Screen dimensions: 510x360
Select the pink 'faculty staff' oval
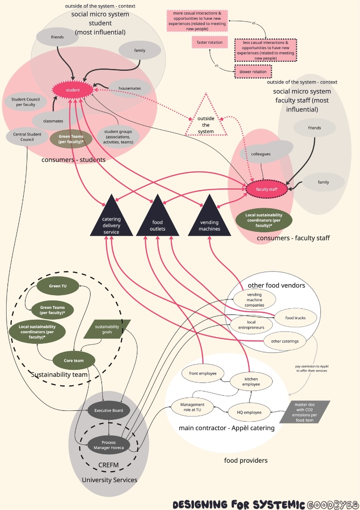267,189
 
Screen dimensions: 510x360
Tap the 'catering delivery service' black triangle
111,220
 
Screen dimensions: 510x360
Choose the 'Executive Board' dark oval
109,410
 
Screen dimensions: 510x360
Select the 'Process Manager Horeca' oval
109,445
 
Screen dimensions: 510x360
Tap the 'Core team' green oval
74,361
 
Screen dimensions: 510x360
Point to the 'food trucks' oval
295,318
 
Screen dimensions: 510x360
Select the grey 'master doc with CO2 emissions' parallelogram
304,412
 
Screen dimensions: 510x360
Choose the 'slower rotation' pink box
253,72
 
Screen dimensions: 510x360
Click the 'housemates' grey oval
130,88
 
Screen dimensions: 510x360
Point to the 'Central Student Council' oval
26,136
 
